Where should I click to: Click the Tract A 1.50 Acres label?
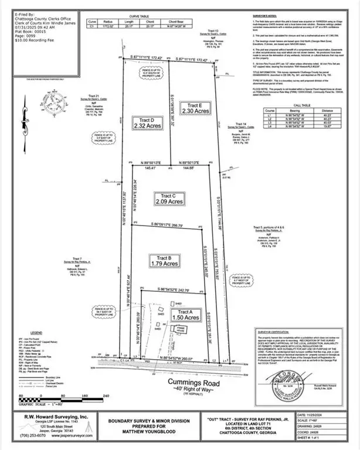185,315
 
